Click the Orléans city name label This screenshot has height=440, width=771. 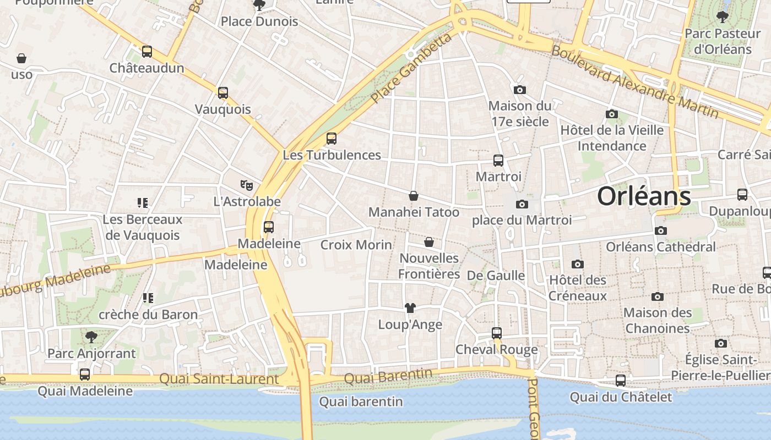tap(644, 196)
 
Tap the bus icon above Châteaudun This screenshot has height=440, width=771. tap(147, 52)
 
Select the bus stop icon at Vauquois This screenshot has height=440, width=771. tap(223, 93)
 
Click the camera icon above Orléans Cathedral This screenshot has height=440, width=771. tap(661, 230)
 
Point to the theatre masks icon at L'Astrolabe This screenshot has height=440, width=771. tap(247, 185)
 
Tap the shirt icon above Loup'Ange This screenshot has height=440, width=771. tap(410, 308)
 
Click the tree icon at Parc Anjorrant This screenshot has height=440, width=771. tap(91, 337)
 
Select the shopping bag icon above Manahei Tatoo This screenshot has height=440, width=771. tap(414, 196)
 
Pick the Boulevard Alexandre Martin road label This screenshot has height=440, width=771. tap(635, 82)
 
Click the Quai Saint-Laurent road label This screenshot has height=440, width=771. tap(219, 379)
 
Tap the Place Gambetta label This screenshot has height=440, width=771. tap(411, 68)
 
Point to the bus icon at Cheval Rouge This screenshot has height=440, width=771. tap(497, 333)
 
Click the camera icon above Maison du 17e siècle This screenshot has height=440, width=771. tap(519, 90)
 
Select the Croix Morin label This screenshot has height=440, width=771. tap(356, 245)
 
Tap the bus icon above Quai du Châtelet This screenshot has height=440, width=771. tap(621, 381)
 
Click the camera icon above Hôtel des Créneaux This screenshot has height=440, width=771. tap(578, 264)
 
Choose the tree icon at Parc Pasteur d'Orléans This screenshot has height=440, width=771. tap(723, 17)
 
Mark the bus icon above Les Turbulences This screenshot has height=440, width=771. tap(332, 139)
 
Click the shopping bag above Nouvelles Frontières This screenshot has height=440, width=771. tap(429, 242)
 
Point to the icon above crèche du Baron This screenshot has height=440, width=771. tap(148, 298)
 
